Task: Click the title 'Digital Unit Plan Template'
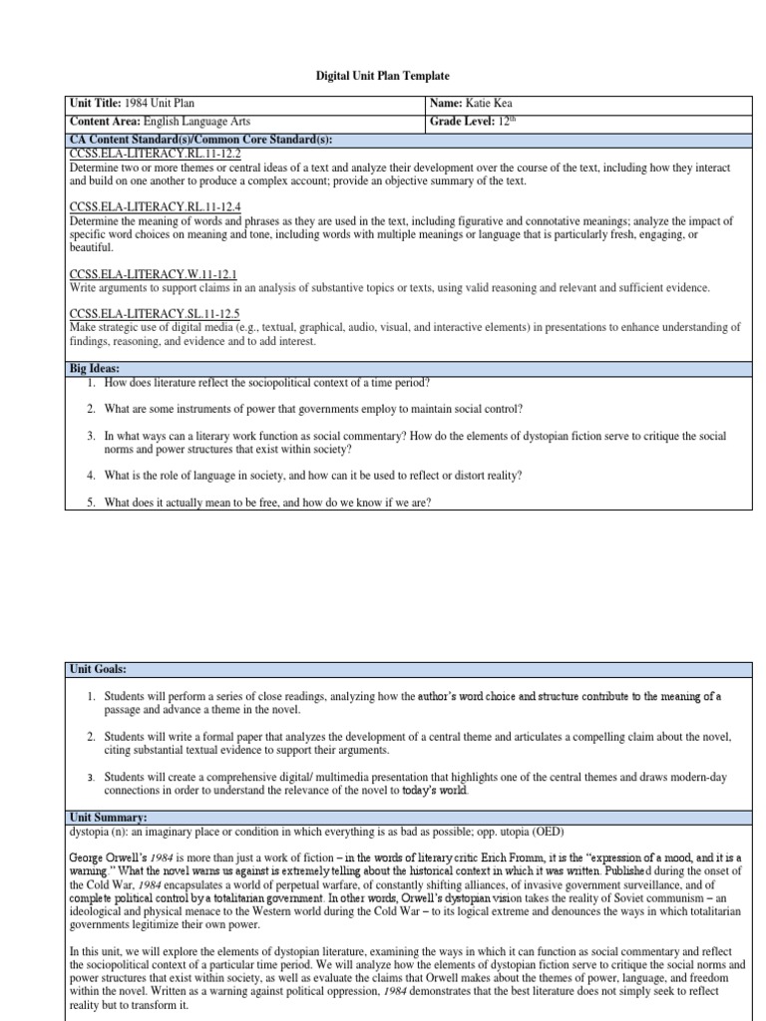click(382, 76)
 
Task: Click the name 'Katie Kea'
click(492, 104)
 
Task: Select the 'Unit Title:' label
click(96, 104)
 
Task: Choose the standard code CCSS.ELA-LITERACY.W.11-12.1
click(153, 273)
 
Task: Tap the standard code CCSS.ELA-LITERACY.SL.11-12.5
click(154, 312)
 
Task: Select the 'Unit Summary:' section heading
click(109, 817)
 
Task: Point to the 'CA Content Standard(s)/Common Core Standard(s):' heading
click(199, 138)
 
